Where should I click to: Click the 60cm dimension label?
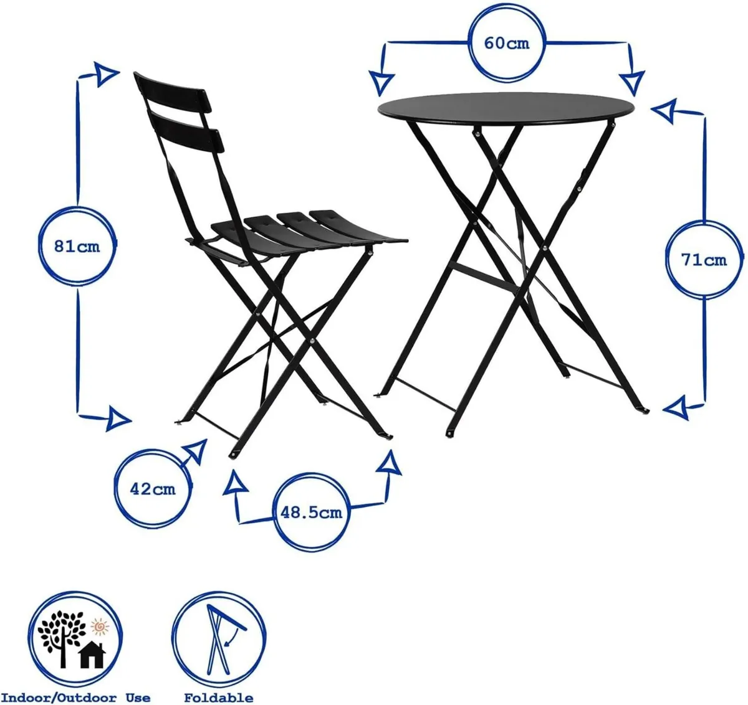(507, 44)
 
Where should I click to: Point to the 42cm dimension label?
(153, 489)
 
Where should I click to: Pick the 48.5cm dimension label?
(311, 513)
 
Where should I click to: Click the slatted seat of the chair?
(312, 230)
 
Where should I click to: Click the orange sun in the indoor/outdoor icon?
(98, 624)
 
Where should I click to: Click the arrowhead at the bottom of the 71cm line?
(678, 408)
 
